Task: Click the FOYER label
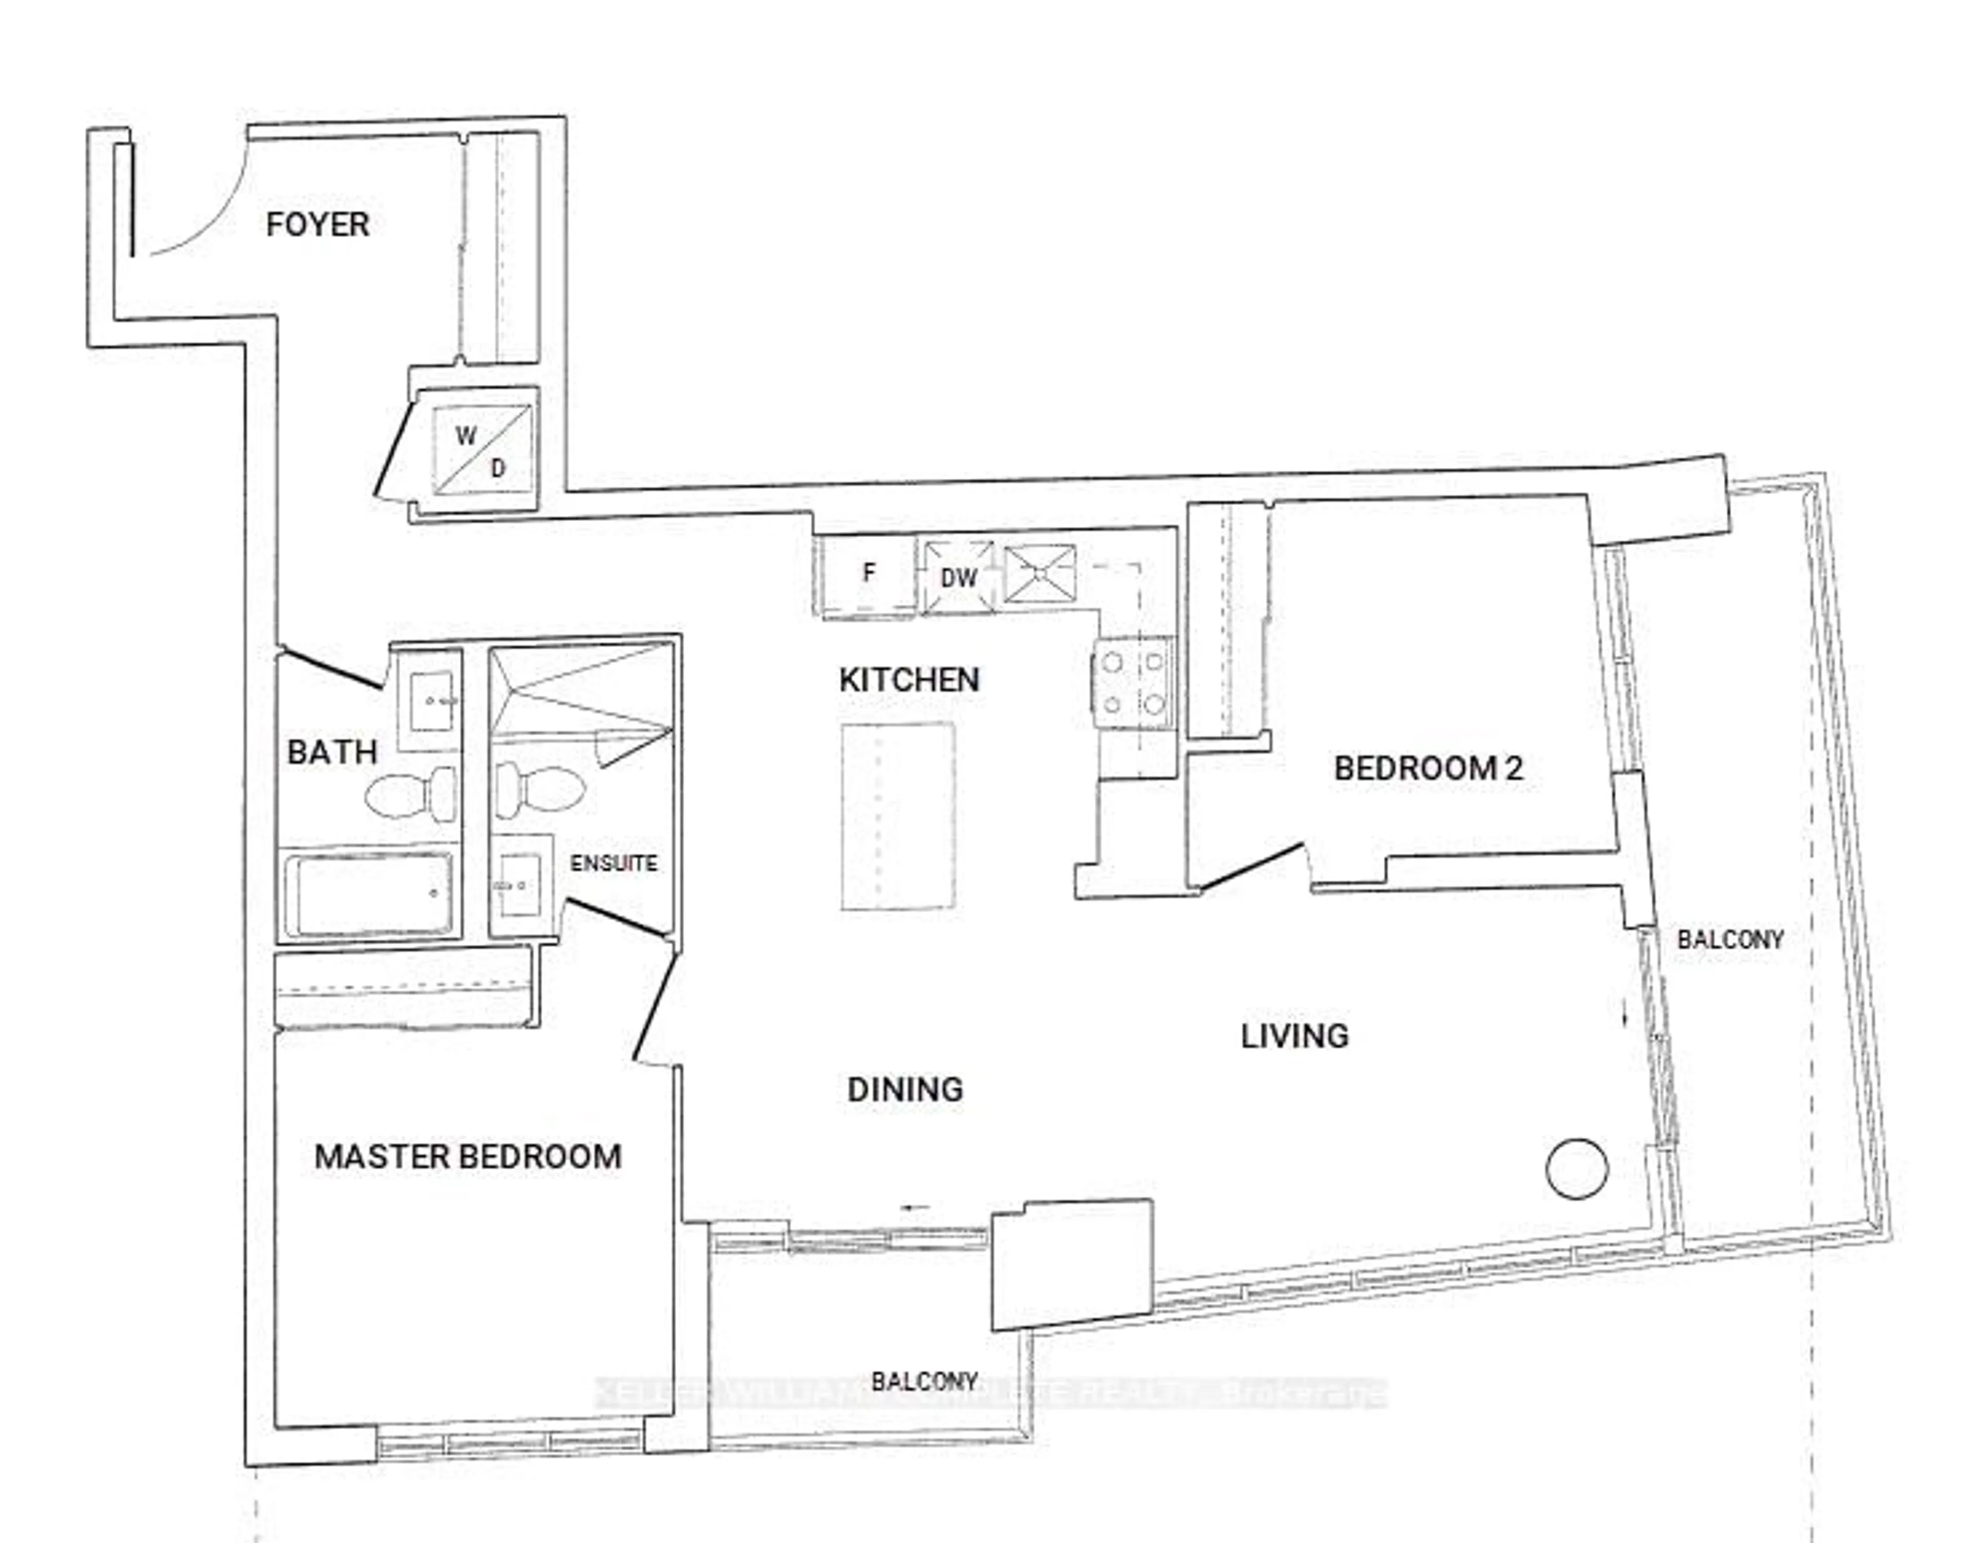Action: tap(317, 224)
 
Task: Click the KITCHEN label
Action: tap(909, 680)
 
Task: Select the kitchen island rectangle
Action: tap(897, 816)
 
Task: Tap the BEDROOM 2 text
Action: tap(1428, 769)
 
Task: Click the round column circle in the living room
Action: tap(1577, 1169)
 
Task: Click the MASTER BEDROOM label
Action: tap(467, 1157)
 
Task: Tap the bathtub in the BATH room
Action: tap(369, 895)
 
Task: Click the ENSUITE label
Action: tap(613, 863)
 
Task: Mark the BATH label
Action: tap(332, 752)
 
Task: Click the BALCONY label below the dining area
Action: tap(924, 1382)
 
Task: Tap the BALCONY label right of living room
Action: tap(1730, 939)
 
